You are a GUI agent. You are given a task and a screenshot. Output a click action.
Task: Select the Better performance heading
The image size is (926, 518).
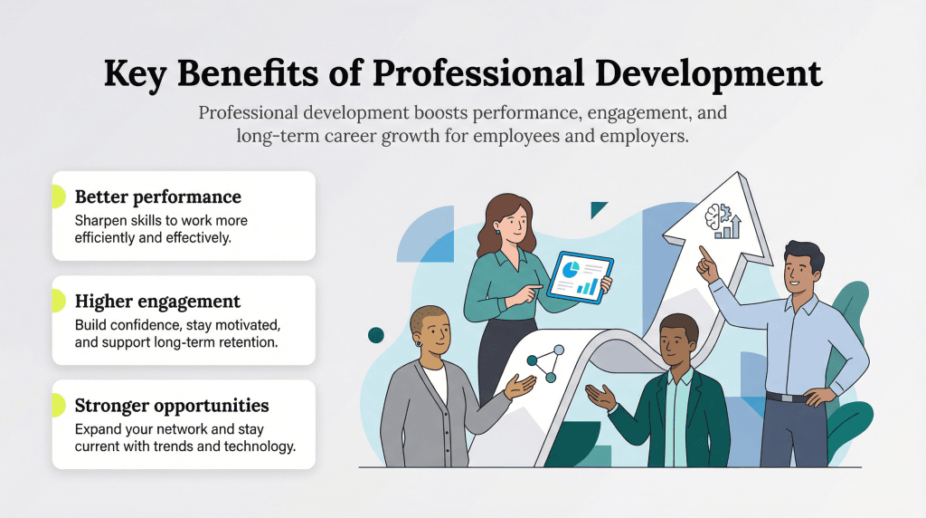[157, 197]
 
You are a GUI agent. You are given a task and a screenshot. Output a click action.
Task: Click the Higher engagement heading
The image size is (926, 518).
[157, 301]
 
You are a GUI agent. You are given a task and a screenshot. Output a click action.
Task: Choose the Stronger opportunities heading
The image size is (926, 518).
[172, 405]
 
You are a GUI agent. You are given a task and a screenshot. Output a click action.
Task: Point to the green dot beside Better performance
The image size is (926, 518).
[57, 197]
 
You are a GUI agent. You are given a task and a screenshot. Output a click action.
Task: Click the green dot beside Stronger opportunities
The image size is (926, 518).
[57, 405]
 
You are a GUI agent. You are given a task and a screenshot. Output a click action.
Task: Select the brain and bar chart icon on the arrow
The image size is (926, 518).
[723, 220]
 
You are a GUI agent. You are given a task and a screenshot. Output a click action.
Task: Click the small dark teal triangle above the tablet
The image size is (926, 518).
[598, 209]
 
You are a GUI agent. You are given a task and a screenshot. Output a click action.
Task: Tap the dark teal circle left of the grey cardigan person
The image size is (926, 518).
[375, 335]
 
